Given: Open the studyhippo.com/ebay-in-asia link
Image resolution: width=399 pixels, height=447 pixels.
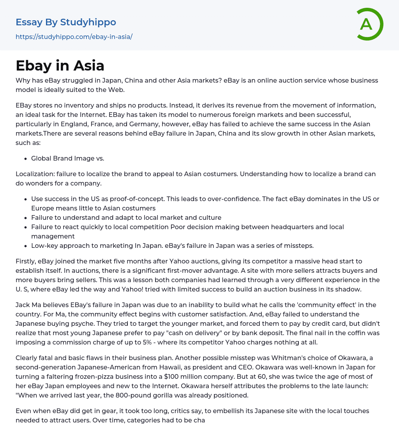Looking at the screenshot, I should coord(74,37).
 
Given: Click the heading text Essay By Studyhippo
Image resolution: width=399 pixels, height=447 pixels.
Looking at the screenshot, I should coord(66,22).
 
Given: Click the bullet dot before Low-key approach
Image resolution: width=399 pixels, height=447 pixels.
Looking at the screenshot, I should coord(25,246).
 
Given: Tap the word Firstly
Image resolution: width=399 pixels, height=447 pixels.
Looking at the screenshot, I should coord(26,261).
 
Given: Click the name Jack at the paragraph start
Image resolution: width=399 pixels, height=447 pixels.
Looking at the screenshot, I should coord(23,305).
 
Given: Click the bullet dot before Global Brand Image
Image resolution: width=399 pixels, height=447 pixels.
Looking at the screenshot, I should coord(25,158).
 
